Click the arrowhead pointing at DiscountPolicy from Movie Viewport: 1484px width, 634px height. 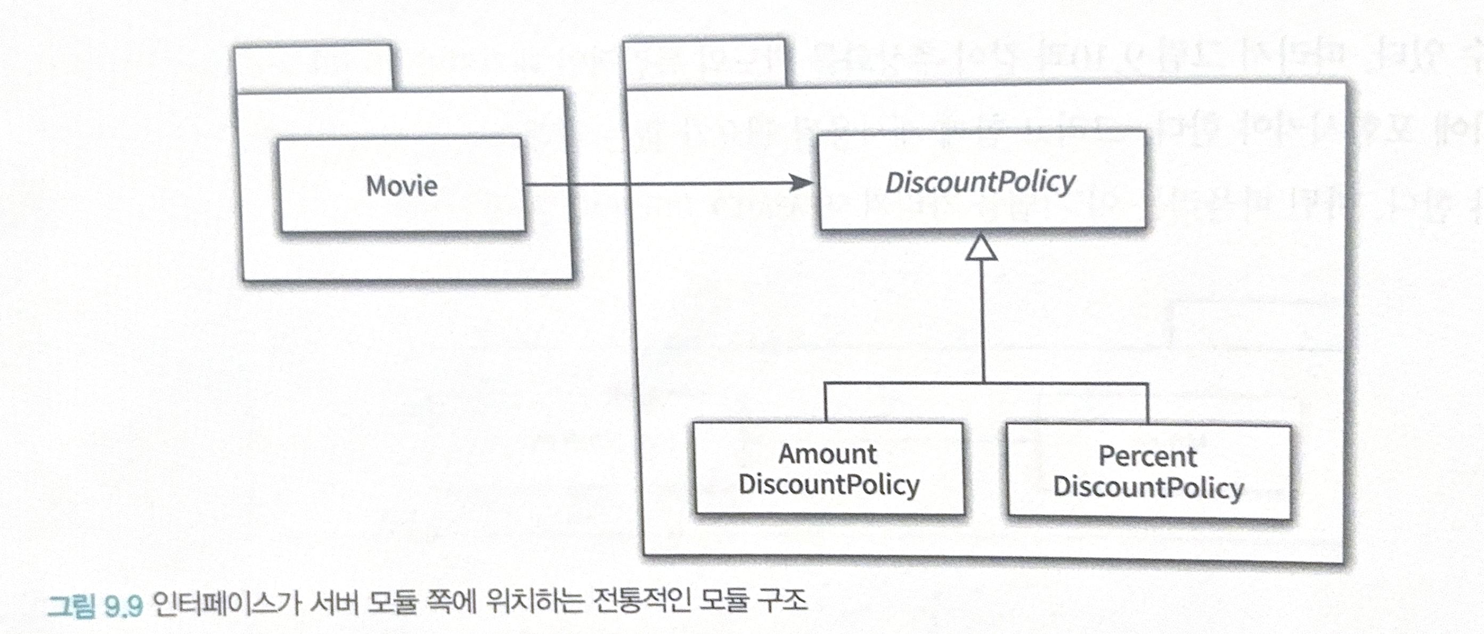tap(801, 183)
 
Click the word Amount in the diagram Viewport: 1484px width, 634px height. tap(828, 454)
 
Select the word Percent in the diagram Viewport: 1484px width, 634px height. tap(1147, 457)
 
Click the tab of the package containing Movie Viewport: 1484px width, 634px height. tap(314, 68)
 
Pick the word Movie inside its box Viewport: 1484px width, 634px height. tap(402, 185)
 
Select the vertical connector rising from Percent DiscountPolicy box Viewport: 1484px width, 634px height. tap(1147, 403)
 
